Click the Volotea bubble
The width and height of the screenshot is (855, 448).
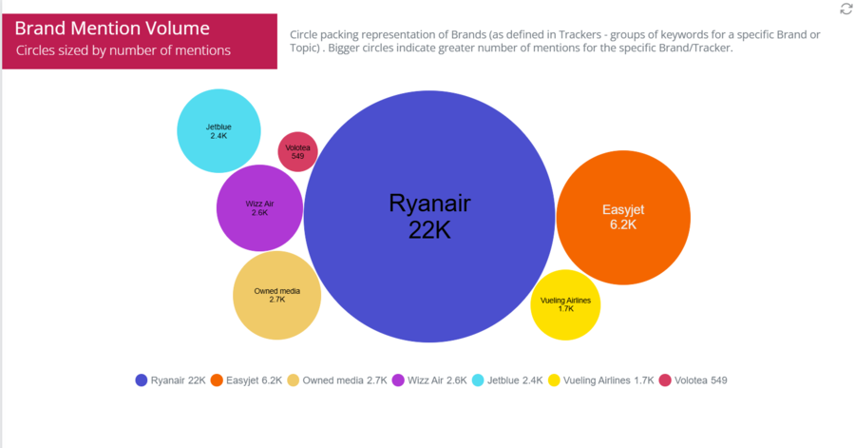(x=297, y=151)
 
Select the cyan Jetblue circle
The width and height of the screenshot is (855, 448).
(x=218, y=131)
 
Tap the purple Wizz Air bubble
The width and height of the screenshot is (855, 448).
(x=259, y=208)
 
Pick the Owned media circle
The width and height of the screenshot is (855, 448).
(x=277, y=295)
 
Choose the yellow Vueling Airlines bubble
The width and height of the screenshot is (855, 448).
(x=565, y=305)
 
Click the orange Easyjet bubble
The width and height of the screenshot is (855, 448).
(x=623, y=217)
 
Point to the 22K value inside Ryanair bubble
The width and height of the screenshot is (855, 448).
(x=429, y=230)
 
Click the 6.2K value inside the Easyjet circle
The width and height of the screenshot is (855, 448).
(x=623, y=224)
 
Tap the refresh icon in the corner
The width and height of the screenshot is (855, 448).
(x=846, y=9)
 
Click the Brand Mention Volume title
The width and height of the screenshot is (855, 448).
(x=112, y=28)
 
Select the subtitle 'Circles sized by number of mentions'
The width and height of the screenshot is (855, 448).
(x=123, y=50)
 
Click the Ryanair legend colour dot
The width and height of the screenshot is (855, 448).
(x=142, y=380)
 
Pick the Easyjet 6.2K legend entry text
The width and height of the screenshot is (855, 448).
(x=254, y=380)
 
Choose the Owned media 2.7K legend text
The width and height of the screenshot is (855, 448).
(x=345, y=380)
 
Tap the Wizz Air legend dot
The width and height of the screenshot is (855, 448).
(x=398, y=380)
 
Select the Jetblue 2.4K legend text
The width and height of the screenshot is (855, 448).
(x=515, y=380)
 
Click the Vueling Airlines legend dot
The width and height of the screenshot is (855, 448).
(x=554, y=380)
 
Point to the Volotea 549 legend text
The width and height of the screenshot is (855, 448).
(x=701, y=380)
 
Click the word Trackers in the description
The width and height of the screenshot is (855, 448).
(x=580, y=34)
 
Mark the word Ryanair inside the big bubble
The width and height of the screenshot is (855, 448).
(x=429, y=204)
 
